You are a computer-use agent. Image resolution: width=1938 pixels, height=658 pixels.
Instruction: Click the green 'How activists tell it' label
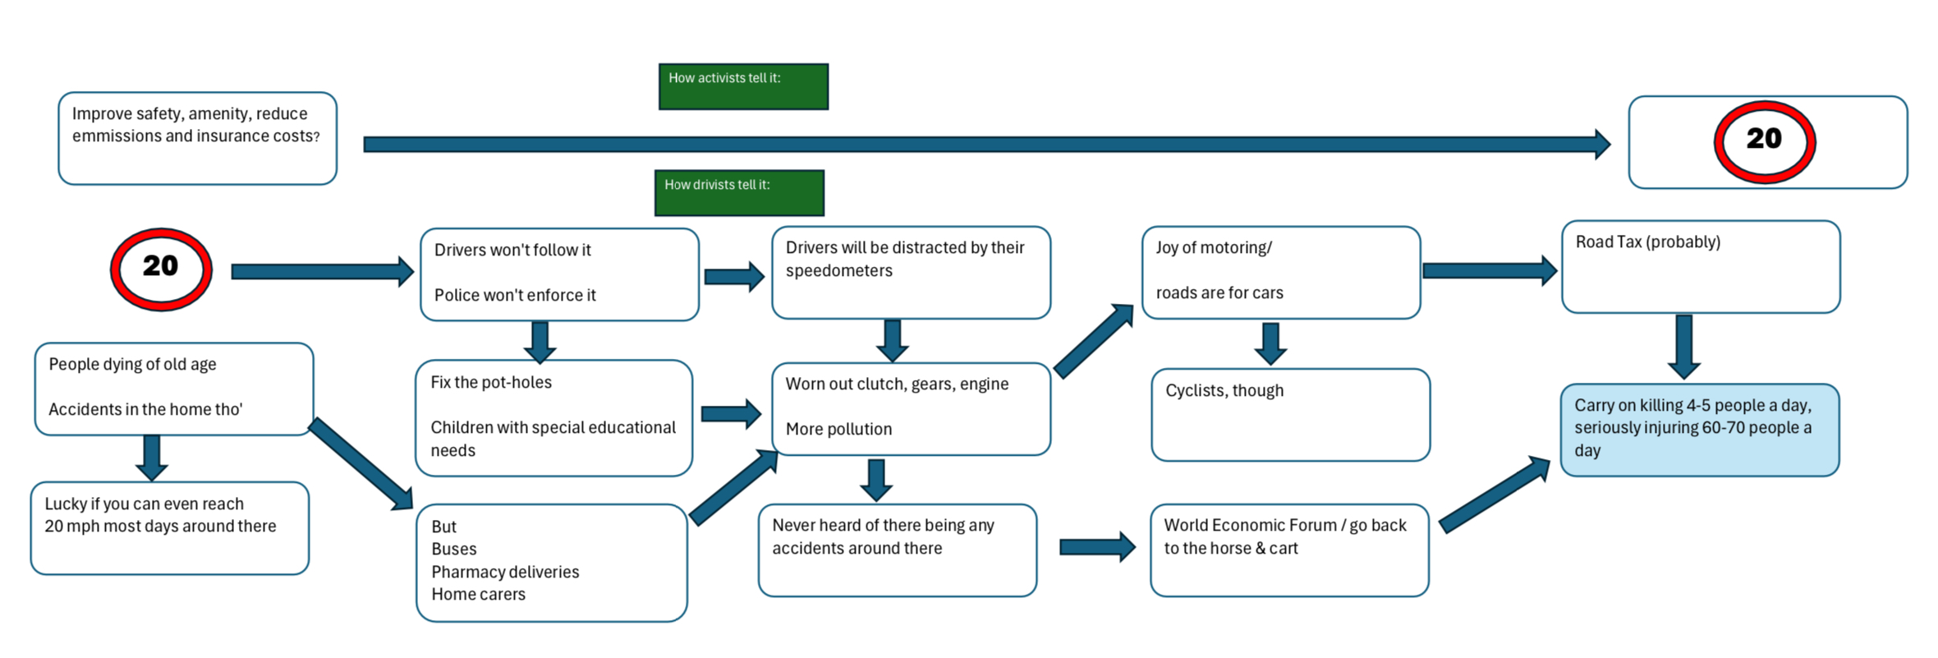pos(743,86)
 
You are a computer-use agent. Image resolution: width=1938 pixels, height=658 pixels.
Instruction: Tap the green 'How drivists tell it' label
pos(739,193)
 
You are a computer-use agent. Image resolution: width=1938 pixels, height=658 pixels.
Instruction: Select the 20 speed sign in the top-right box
pos(1765,141)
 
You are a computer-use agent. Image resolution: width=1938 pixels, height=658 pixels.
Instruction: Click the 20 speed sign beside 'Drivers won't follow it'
pos(162,269)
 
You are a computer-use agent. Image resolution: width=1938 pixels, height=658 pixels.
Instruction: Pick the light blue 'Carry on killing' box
pos(1700,430)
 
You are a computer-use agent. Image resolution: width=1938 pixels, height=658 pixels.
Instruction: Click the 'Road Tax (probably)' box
pos(1701,266)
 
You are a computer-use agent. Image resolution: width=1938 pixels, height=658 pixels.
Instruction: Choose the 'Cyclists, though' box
pos(1291,415)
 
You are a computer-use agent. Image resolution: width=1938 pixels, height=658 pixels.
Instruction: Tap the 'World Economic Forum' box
pos(1289,550)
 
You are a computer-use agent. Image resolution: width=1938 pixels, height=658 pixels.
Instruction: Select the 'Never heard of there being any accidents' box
pos(898,550)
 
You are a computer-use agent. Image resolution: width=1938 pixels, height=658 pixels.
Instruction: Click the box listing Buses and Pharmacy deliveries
pos(552,563)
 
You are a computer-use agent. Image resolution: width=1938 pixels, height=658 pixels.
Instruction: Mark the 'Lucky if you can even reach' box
pos(170,528)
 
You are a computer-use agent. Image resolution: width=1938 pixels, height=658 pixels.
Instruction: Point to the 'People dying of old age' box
pos(174,389)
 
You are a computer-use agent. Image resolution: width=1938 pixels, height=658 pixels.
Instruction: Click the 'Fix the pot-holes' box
pos(554,418)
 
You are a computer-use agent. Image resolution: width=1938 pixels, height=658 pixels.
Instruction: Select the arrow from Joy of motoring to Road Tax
pos(1490,270)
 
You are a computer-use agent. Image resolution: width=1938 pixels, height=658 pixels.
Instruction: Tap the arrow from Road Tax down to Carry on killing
pos(1683,347)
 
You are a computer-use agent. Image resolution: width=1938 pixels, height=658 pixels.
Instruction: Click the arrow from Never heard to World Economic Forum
pos(1097,547)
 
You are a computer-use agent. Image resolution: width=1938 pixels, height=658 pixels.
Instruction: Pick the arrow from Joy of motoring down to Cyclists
pos(1270,343)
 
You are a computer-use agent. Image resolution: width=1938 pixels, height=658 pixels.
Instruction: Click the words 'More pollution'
pos(838,429)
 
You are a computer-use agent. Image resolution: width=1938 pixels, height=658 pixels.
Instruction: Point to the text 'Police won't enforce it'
pos(515,295)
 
